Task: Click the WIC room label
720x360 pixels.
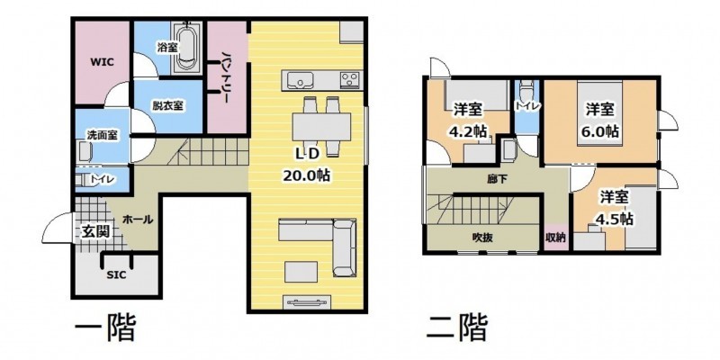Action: tap(102, 61)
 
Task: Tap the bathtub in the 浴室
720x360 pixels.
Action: tap(187, 47)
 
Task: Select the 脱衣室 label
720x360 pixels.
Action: tap(168, 105)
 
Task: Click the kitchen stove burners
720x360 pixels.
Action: tap(351, 80)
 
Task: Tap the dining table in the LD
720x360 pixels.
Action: tap(321, 125)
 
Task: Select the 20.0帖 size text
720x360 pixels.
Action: tap(306, 176)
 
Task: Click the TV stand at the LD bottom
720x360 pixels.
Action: tap(308, 302)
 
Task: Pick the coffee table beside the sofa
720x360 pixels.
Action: tap(301, 271)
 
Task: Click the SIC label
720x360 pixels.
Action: tap(116, 275)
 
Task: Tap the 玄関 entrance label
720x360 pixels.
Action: tap(96, 231)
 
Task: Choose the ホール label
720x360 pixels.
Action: tap(138, 220)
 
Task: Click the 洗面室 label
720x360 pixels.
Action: tap(102, 135)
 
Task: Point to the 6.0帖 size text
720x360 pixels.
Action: tap(601, 131)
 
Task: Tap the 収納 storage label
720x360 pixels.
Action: tap(555, 238)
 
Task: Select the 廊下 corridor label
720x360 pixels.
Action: tap(498, 179)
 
